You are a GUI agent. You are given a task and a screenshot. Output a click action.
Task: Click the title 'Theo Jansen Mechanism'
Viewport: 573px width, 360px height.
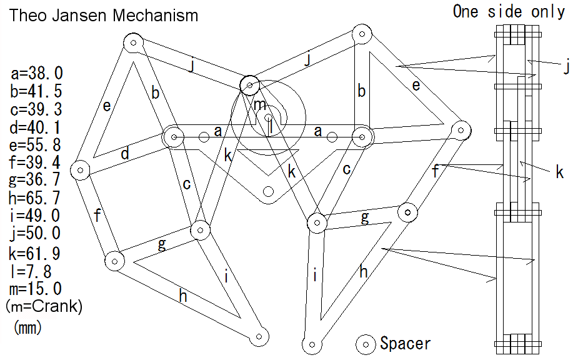click(x=104, y=16)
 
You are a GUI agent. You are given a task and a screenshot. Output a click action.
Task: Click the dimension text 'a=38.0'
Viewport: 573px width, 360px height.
click(x=36, y=73)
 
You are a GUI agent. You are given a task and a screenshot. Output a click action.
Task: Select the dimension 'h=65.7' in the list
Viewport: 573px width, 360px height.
click(x=35, y=198)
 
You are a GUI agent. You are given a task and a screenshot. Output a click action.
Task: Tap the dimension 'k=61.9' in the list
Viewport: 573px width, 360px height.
click(x=35, y=253)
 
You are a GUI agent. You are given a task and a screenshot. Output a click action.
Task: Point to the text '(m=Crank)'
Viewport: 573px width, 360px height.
click(x=44, y=306)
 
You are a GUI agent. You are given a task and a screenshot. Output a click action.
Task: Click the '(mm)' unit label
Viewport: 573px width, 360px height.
click(x=27, y=327)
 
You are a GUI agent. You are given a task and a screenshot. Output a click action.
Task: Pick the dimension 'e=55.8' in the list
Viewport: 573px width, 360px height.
click(x=35, y=145)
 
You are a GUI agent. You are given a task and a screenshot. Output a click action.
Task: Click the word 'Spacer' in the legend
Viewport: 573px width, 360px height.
click(x=406, y=344)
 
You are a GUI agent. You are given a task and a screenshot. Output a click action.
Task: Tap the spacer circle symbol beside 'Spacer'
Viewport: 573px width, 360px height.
click(x=366, y=344)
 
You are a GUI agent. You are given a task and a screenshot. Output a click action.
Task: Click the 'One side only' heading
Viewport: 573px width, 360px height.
click(x=509, y=11)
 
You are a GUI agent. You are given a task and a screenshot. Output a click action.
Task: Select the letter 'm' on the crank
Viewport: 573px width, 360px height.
click(x=260, y=105)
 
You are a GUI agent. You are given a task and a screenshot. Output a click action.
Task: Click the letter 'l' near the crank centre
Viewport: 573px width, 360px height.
click(x=271, y=128)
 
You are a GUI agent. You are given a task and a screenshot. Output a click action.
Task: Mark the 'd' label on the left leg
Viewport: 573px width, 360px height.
click(x=125, y=153)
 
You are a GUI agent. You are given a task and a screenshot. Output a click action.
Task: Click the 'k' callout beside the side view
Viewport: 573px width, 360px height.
click(x=559, y=172)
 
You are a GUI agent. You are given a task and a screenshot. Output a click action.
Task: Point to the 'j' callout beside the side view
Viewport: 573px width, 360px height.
click(x=566, y=67)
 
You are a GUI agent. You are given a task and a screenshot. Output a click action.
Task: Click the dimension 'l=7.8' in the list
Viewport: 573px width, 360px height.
click(x=31, y=271)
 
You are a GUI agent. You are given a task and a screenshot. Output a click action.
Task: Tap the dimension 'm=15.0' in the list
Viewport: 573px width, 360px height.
click(x=36, y=289)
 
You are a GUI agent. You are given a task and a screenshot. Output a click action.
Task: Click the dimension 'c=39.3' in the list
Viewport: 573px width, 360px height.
click(x=36, y=109)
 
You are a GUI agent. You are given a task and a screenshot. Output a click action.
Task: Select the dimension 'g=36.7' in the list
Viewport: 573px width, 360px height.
click(x=35, y=180)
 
